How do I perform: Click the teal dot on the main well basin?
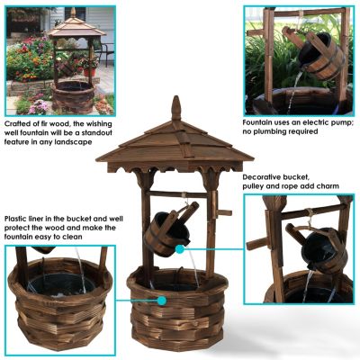pos(162,301)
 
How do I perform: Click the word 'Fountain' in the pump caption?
pos(259,121)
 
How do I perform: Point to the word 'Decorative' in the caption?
pos(264,177)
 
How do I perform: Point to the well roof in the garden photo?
pos(76,26)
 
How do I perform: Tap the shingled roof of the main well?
pos(175,144)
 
